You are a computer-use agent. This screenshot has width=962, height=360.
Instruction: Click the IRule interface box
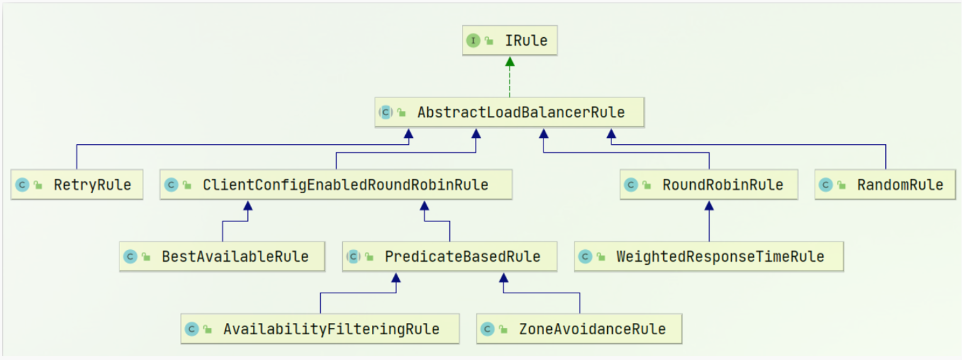click(510, 40)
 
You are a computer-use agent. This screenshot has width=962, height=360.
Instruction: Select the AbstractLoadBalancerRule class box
click(510, 112)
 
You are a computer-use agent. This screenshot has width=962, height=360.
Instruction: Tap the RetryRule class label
click(92, 185)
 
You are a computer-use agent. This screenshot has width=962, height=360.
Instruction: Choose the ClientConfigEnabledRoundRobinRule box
click(336, 185)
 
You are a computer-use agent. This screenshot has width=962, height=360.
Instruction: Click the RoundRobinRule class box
click(709, 185)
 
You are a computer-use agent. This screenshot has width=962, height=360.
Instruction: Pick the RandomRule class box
click(885, 185)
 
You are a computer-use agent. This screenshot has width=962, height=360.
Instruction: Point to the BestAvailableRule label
click(235, 256)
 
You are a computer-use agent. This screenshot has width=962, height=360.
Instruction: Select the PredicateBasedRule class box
click(450, 256)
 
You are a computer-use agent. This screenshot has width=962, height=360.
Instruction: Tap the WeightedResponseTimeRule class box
click(709, 256)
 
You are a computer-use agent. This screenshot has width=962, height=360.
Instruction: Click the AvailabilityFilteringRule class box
click(320, 329)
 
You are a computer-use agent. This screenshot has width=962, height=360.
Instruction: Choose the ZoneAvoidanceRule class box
click(579, 329)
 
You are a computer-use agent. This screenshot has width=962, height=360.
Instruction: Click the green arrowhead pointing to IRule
click(510, 62)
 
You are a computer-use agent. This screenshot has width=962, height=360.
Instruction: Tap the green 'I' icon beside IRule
click(473, 40)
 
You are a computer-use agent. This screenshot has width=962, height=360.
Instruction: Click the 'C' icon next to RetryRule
click(22, 185)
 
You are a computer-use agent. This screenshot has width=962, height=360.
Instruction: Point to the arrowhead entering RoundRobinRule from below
click(709, 206)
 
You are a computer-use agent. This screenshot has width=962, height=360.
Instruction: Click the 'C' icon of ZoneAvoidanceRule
click(488, 329)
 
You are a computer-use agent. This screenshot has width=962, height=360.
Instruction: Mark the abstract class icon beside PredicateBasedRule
click(354, 256)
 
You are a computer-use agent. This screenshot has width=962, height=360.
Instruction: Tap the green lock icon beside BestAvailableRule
click(146, 257)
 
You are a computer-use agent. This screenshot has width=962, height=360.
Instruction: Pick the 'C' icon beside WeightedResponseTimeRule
click(585, 256)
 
